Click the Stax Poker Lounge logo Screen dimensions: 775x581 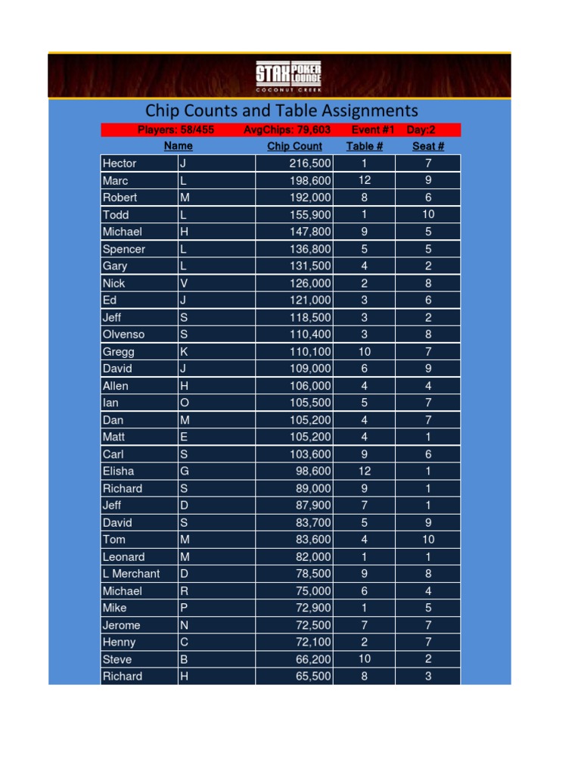[288, 76]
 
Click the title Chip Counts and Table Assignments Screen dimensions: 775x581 [281, 111]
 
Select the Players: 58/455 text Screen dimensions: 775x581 [176, 130]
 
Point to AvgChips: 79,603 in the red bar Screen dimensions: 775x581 [287, 130]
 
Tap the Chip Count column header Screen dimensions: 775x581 [294, 147]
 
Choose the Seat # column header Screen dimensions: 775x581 [427, 147]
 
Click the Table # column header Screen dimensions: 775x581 [364, 147]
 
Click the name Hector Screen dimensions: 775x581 [120, 163]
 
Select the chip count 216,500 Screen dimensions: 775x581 [310, 163]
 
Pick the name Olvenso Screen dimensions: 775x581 [123, 335]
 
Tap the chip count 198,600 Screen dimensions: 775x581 [310, 181]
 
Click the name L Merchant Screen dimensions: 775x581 [131, 574]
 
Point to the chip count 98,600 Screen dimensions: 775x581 [313, 472]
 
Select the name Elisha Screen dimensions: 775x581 [118, 472]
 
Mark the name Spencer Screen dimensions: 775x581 [123, 249]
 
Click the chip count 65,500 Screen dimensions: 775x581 [313, 677]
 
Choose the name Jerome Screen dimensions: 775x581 [121, 625]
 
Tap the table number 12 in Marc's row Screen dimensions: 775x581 [364, 181]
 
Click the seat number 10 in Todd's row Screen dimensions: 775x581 [427, 215]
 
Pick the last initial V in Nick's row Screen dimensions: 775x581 [184, 284]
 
